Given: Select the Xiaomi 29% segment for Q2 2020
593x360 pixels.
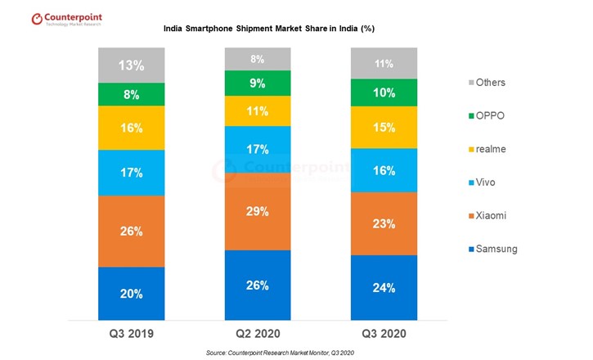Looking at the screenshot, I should [x=258, y=211].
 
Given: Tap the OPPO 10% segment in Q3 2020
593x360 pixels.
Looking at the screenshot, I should [x=384, y=92].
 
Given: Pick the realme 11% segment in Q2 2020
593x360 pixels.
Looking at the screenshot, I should [x=258, y=110].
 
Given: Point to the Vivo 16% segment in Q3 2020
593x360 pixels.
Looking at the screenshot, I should [x=384, y=169].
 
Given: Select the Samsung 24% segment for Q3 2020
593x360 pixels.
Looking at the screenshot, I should [x=384, y=287].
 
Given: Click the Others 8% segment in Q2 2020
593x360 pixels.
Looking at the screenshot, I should [x=258, y=59].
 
